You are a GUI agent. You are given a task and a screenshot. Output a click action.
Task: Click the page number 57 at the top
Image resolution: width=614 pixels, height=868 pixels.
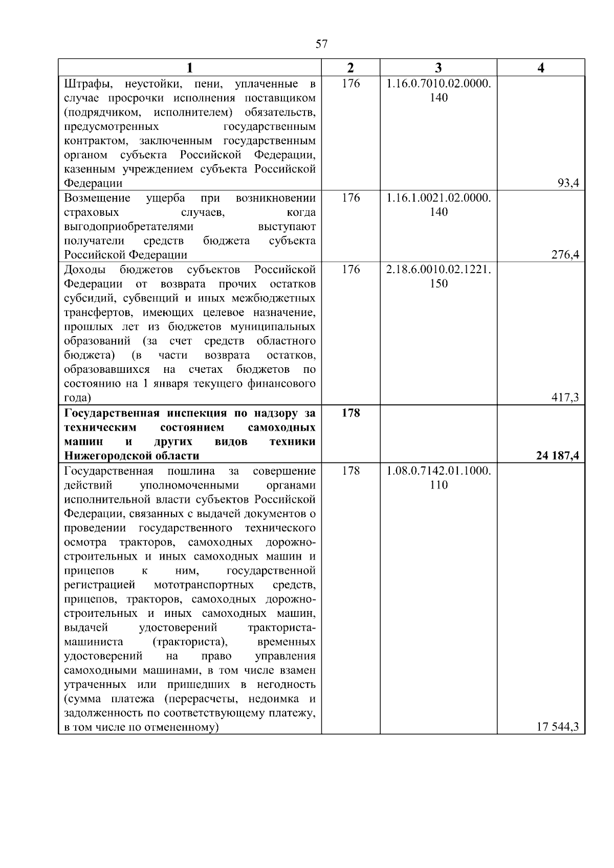(x=321, y=44)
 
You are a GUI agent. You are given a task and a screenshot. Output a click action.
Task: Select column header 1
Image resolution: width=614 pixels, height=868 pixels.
(x=190, y=68)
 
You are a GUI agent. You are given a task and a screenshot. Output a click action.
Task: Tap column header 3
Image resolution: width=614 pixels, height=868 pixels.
(x=438, y=68)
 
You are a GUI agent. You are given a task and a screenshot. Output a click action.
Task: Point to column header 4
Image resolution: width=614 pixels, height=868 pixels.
(x=541, y=68)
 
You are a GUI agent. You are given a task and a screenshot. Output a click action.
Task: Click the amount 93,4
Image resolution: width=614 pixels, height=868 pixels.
(x=568, y=184)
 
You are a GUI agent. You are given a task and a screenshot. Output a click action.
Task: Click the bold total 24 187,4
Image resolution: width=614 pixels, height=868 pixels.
(x=558, y=456)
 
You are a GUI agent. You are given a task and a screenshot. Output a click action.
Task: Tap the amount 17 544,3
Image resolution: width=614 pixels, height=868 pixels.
(x=558, y=727)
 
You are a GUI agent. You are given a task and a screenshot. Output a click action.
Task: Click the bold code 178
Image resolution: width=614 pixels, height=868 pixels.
(x=351, y=413)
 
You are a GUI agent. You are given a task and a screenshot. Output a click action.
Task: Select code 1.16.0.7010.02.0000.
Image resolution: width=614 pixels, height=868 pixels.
(x=438, y=83)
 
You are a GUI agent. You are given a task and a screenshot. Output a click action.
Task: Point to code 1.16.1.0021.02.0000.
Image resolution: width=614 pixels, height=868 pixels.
(x=438, y=198)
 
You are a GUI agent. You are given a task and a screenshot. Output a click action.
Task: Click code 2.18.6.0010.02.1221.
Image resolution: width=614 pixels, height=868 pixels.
(x=438, y=270)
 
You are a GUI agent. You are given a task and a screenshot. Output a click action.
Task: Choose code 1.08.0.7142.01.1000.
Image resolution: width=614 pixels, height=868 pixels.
(x=438, y=471)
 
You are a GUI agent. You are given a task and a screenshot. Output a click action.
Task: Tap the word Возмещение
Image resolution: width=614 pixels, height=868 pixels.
(x=97, y=198)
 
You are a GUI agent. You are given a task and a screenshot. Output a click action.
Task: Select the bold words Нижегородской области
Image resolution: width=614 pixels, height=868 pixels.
(x=132, y=456)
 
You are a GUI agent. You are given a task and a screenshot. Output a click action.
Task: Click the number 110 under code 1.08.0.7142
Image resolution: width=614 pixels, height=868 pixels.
(x=438, y=485)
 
